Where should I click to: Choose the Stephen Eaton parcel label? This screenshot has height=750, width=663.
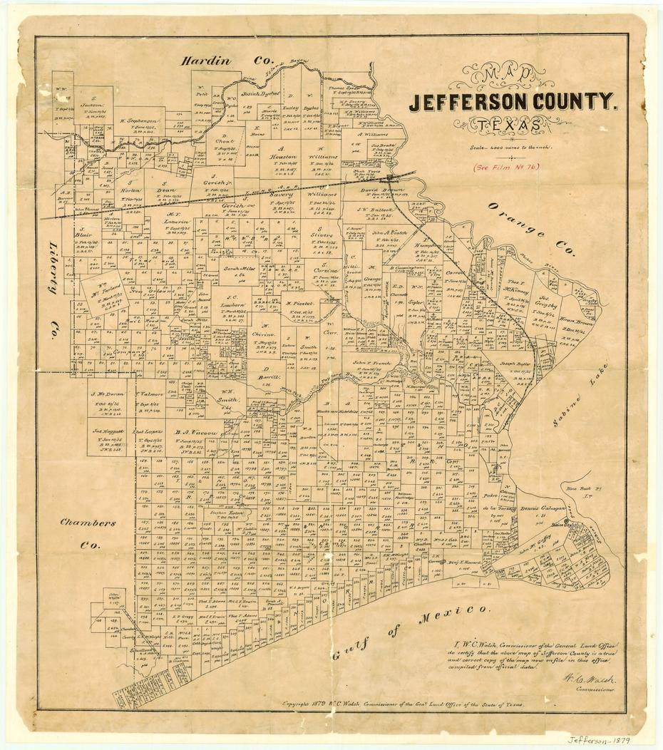227,512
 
